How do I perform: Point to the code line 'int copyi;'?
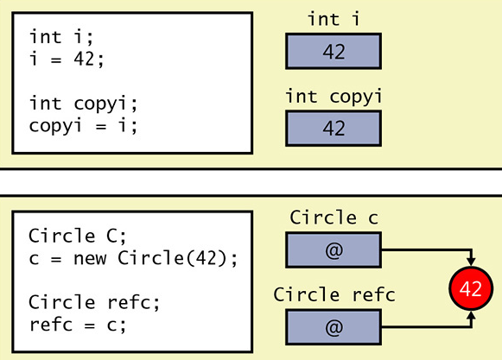(83, 104)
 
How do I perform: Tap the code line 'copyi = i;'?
(83, 125)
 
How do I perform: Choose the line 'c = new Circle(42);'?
(132, 258)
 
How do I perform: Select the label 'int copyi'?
(334, 96)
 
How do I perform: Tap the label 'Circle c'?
(334, 218)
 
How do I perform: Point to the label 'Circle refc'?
(334, 295)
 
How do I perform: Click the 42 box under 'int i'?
(334, 51)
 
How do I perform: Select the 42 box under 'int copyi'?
(334, 128)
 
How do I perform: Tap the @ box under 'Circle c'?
(334, 250)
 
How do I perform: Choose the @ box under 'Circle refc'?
(334, 327)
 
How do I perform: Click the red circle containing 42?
(471, 289)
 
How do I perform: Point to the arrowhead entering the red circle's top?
(471, 261)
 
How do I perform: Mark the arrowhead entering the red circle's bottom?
(471, 318)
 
